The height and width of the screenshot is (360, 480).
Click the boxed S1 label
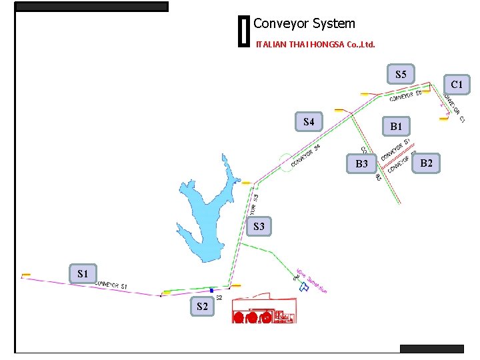coord(83,273)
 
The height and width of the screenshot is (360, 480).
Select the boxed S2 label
coord(202,307)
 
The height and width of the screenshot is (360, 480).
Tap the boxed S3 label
coord(259,227)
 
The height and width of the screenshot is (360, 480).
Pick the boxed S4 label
coord(309,122)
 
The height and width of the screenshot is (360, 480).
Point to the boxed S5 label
coord(401,74)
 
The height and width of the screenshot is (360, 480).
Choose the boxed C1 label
coord(457,85)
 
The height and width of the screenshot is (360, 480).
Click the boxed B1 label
coord(396,126)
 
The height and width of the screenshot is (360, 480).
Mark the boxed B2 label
coord(427,163)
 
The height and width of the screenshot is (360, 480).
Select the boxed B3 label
coord(361,163)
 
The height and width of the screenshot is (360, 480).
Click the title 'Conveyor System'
coord(304,24)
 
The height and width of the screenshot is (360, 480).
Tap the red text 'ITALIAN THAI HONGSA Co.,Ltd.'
coord(315,45)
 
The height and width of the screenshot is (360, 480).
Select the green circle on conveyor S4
coord(287,162)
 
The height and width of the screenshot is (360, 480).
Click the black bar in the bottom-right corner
coord(431,349)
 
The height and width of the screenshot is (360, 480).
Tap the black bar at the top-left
coord(91,7)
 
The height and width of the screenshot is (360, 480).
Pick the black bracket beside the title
coord(243,32)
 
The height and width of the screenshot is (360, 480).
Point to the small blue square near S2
coord(212,291)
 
